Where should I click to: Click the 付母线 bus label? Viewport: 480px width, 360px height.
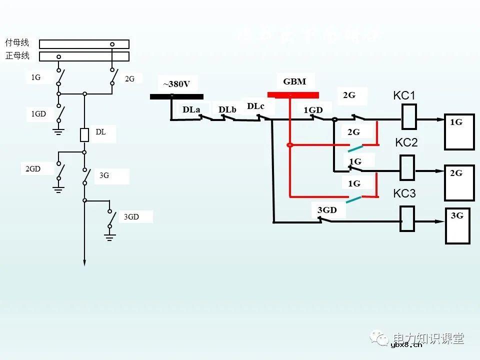click(17, 43)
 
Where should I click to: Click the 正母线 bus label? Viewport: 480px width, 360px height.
click(17, 55)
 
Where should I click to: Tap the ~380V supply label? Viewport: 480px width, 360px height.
click(176, 84)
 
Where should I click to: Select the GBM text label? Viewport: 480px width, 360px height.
click(294, 81)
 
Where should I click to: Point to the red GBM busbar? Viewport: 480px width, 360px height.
click(293, 95)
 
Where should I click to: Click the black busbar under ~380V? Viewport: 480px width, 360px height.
click(176, 96)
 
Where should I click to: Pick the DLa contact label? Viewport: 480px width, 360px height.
click(191, 109)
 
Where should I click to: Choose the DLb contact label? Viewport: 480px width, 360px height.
click(227, 109)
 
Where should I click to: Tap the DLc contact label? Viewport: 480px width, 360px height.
click(255, 106)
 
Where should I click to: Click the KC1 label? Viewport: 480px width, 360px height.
click(405, 95)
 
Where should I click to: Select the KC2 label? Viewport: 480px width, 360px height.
click(406, 142)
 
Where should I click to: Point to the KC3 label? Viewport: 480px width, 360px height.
click(404, 193)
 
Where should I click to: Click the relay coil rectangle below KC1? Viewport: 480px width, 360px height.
click(409, 120)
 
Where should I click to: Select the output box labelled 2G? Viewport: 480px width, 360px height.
click(459, 182)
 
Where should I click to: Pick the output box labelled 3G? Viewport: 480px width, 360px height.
click(458, 226)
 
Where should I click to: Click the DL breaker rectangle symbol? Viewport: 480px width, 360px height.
click(84, 135)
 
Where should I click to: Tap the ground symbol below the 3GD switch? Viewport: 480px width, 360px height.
click(110, 236)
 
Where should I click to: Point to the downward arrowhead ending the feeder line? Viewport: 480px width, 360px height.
click(84, 262)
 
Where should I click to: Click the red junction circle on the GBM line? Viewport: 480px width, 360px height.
click(289, 145)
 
